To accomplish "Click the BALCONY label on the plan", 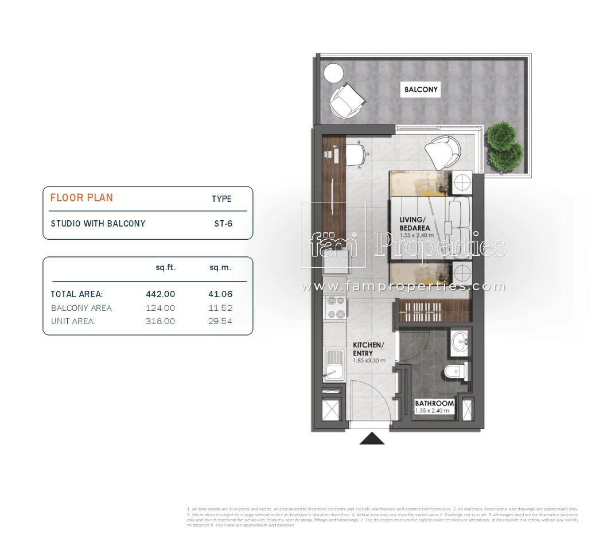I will tap(421, 89).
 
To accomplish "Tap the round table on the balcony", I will tap(332, 73).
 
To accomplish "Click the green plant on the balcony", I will tap(504, 147).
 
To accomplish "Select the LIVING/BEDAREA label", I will tap(415, 224).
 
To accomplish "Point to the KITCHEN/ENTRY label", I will tap(368, 349).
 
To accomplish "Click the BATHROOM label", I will tap(434, 403).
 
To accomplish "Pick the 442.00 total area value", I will tap(161, 294).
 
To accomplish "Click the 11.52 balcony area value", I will tap(220, 308).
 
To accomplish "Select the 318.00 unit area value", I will tap(161, 321).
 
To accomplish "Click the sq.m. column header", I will tap(220, 268).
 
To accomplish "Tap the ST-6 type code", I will tap(223, 224).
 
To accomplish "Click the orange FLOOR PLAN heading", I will tap(81, 198).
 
